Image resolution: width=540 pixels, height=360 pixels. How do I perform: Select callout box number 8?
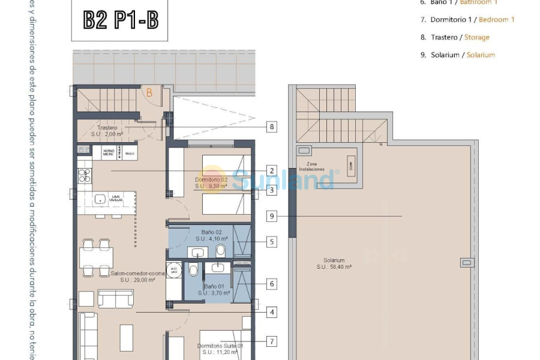coord(272,127)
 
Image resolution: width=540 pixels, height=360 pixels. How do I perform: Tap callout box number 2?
coord(272,170)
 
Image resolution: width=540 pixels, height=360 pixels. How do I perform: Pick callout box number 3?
coord(272,190)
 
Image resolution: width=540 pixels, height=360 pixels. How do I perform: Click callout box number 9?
coord(272,216)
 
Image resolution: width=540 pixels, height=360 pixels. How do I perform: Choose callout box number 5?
coord(272,242)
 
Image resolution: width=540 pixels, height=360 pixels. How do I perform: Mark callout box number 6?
coord(272,284)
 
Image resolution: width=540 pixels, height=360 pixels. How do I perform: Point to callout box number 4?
coord(272,312)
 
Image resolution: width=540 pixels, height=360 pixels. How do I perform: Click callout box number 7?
coord(272,341)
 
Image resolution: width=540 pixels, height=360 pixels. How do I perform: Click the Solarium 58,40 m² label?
coord(337,263)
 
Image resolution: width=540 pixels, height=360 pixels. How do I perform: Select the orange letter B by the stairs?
coord(149,92)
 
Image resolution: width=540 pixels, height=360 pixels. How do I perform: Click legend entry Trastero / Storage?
coord(460,37)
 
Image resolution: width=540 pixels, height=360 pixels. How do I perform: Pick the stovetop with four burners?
coord(84,175)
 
